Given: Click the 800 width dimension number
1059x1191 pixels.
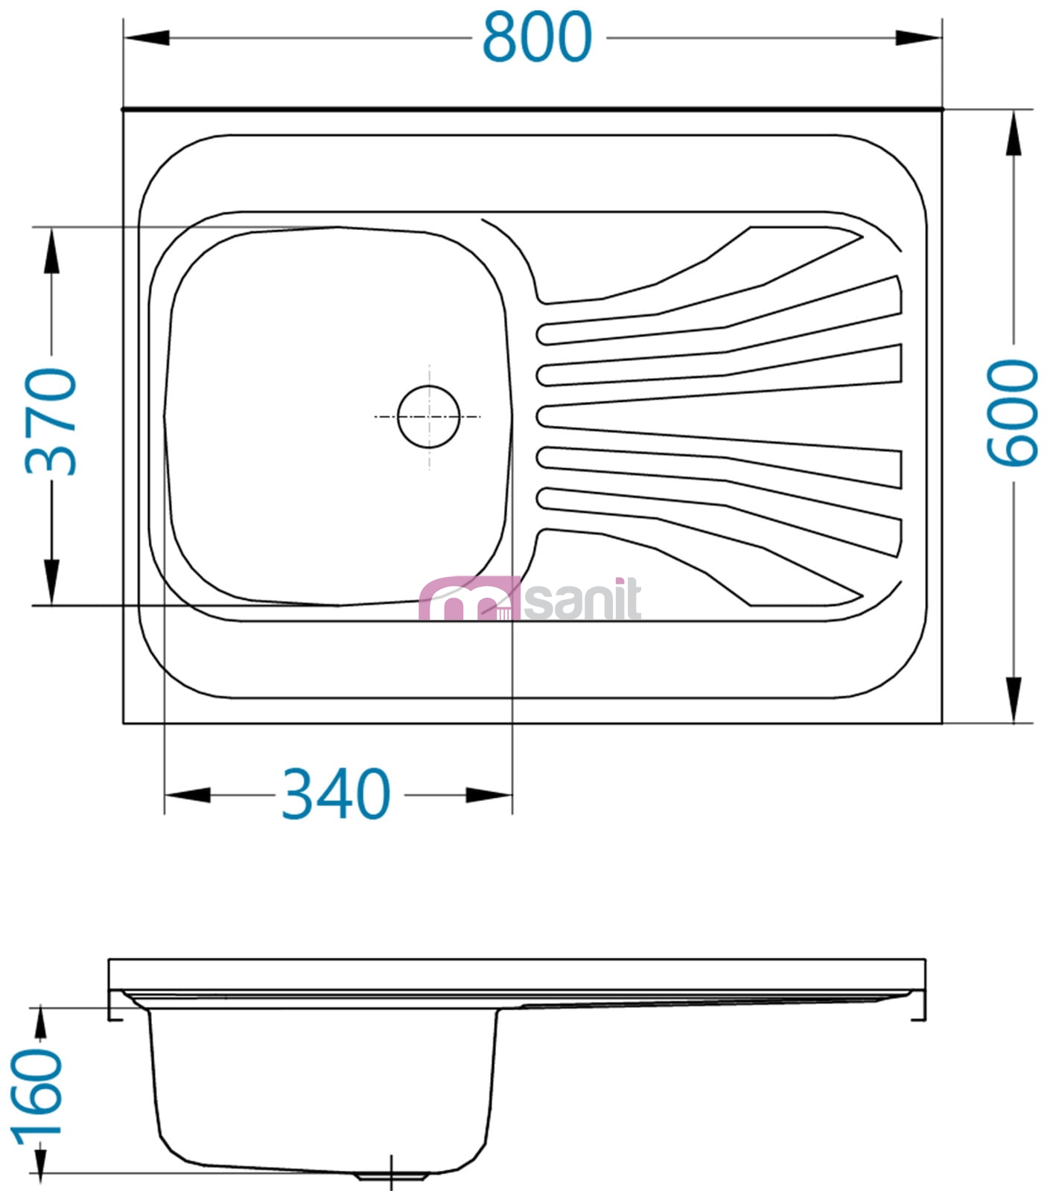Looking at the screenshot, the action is [537, 37].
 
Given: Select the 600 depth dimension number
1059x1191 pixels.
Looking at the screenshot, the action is [1012, 413].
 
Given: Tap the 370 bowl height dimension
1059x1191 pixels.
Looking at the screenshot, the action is [51, 421].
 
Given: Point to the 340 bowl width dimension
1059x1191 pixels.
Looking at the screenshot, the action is [336, 794].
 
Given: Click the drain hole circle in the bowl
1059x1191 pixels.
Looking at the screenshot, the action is [429, 417].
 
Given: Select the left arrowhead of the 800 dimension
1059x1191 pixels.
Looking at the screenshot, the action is [147, 37].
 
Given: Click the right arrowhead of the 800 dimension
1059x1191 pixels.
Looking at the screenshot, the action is [918, 37].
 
